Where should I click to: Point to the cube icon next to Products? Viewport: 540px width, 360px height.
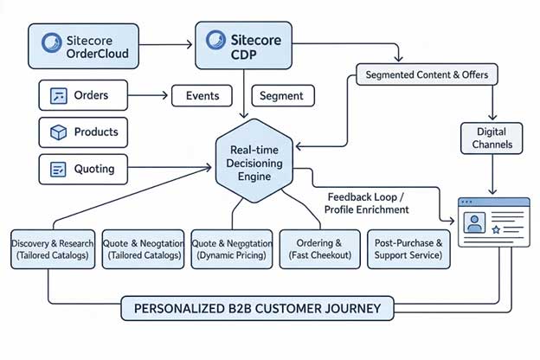tap(59, 132)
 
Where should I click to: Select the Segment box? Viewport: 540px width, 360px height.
tap(280, 96)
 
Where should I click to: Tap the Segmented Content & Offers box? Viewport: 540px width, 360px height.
tap(427, 75)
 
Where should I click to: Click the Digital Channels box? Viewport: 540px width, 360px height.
tap(491, 138)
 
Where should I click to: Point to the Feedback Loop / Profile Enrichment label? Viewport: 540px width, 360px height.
tap(366, 203)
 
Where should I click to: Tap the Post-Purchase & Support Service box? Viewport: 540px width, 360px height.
tap(409, 249)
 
